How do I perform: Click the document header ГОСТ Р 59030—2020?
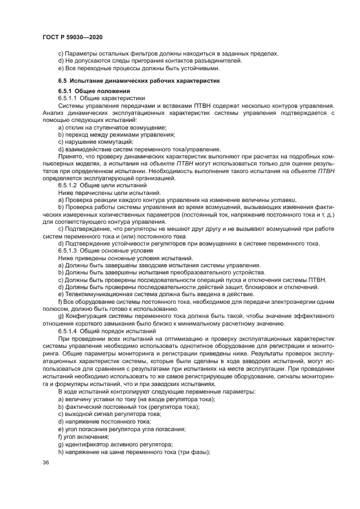[x=72, y=36]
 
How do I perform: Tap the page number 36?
[x=45, y=462]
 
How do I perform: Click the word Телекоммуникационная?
[x=100, y=293]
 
